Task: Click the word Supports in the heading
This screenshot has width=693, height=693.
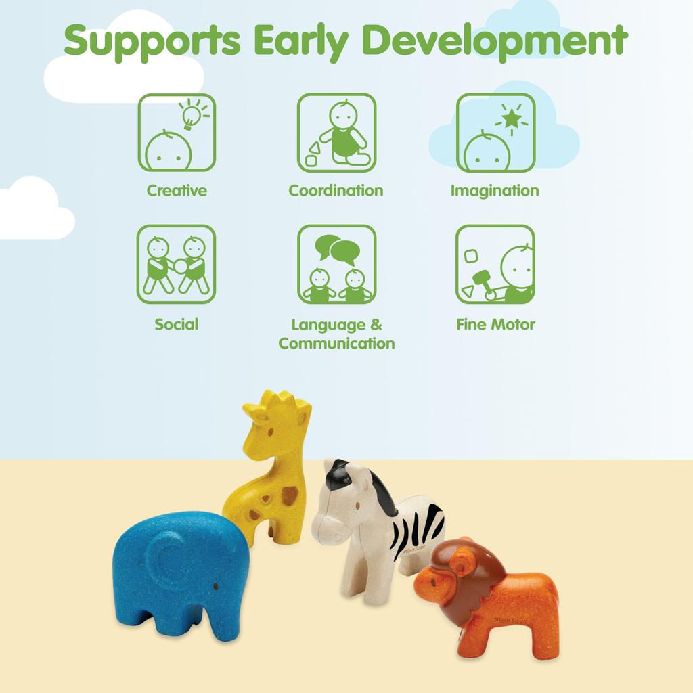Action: click(152, 41)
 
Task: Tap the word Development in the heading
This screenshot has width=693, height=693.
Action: click(495, 41)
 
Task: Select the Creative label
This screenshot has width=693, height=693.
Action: click(177, 190)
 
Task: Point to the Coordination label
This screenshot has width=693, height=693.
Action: click(336, 190)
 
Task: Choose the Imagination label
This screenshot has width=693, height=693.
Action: click(495, 191)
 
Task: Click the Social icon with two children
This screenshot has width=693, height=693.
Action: click(177, 265)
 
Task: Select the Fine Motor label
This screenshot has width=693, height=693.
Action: click(495, 324)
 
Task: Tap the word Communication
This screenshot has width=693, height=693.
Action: click(337, 343)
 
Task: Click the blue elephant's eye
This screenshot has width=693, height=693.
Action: click(216, 586)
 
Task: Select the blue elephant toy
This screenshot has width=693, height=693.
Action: click(181, 575)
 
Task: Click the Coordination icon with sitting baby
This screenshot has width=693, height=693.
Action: click(337, 133)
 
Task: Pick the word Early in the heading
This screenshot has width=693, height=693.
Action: click(301, 41)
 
